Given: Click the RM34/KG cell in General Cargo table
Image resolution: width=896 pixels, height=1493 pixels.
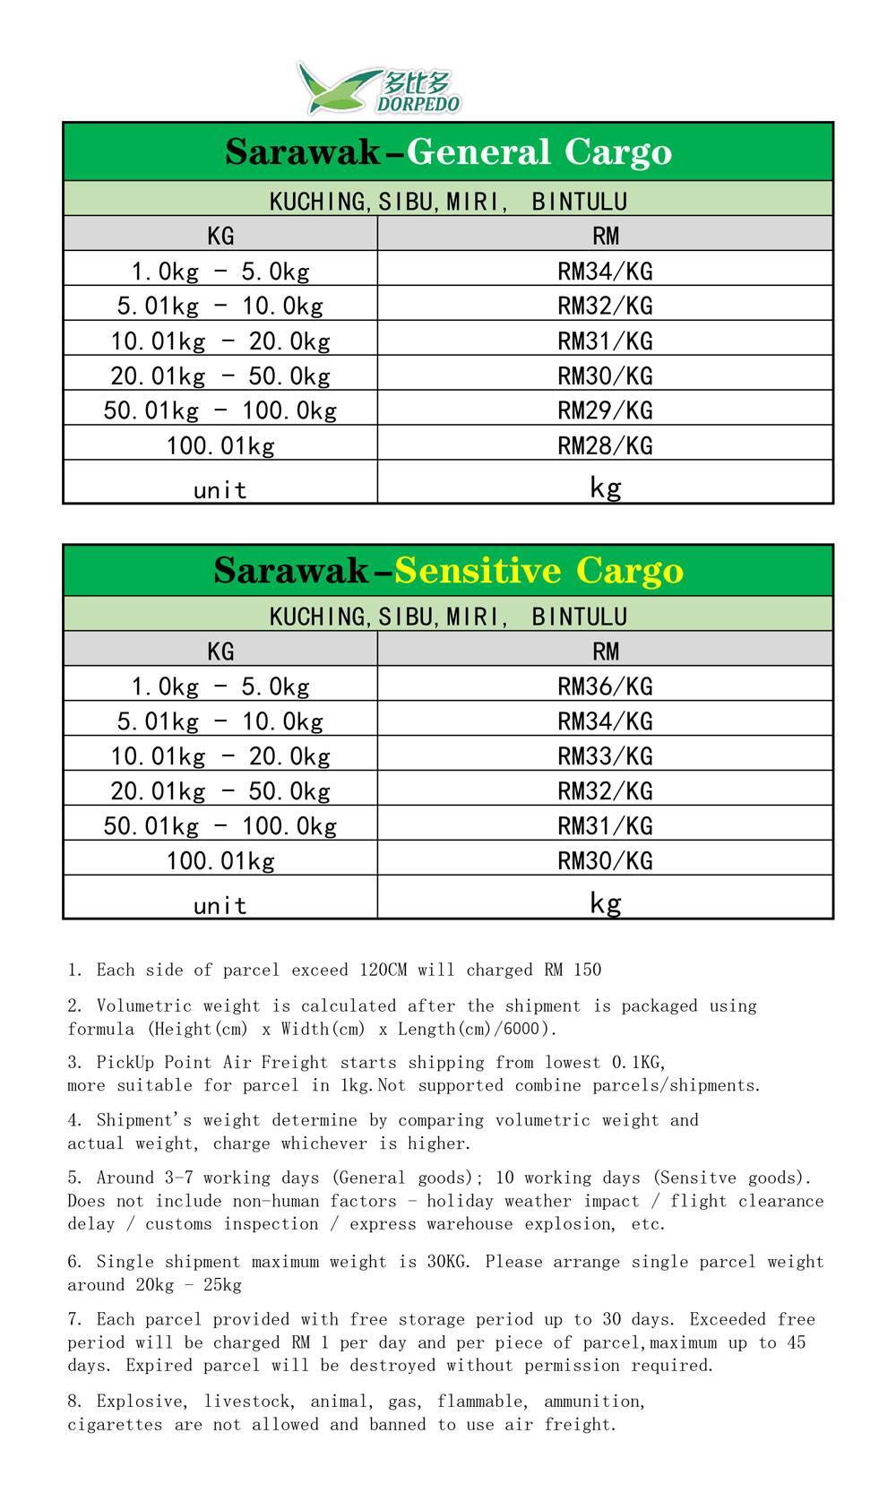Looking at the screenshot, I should tap(605, 271).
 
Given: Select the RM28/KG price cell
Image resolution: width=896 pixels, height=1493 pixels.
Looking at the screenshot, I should tap(605, 445).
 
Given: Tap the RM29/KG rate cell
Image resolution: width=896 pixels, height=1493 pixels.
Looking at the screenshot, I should tap(605, 410).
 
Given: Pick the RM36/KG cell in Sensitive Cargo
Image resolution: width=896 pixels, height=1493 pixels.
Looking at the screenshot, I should tap(605, 686).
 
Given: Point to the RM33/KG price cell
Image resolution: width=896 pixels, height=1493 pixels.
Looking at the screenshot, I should tap(605, 756).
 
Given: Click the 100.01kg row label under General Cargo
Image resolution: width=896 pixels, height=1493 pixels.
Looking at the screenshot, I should tap(220, 445).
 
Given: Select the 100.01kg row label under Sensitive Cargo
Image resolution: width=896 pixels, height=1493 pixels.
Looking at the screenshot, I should tap(220, 861).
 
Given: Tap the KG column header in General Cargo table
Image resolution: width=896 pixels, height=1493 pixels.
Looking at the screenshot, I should tap(220, 236).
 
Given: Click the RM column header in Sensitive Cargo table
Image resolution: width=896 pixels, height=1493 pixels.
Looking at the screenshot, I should tap(606, 652).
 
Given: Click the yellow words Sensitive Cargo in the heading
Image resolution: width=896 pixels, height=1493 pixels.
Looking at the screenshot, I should tap(538, 571).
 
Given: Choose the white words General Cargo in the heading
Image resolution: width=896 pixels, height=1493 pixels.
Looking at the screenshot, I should tap(538, 152).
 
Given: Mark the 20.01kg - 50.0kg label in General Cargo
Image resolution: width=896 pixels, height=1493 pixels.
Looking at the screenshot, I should tap(220, 375).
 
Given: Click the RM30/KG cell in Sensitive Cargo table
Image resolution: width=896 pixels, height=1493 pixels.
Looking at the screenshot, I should tap(605, 861).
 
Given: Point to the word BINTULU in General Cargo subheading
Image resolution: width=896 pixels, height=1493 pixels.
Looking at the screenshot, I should tap(579, 202).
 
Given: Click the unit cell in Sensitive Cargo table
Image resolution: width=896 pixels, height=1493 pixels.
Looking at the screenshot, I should tap(220, 905).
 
